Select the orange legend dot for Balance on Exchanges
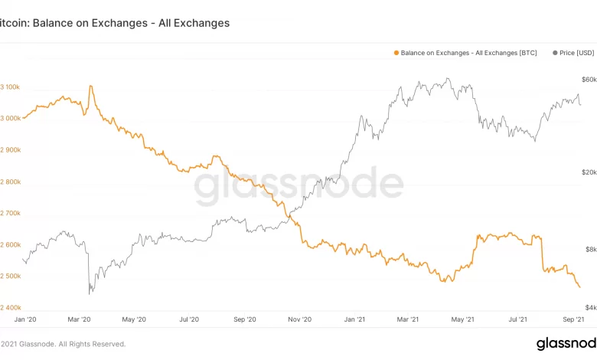(396, 53)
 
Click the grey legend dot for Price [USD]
(555, 53)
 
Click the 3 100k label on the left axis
(10, 87)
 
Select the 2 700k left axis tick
(10, 213)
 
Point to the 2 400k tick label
(10, 307)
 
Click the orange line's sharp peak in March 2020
(91, 86)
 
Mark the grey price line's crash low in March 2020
(90, 293)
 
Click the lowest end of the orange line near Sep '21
(579, 287)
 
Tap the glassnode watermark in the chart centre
(298, 185)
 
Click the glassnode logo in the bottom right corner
(566, 343)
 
